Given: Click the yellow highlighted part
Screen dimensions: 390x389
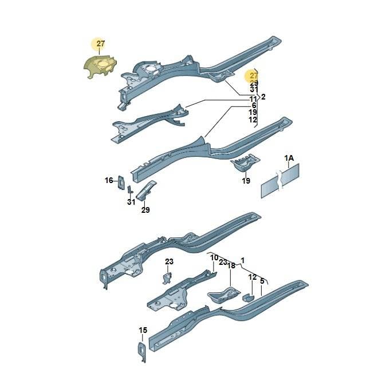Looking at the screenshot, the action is pos(100,66).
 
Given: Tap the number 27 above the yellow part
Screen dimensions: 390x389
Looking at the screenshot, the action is pos(100,43).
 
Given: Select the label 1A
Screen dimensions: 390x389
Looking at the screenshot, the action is pos(289,158).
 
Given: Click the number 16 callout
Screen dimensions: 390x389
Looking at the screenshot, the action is pos(109,180).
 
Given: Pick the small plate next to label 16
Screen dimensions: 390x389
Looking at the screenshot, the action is pos(121,182).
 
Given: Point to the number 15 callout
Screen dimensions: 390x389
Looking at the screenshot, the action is pos(143,330).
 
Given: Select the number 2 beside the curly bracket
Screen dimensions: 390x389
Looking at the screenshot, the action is pos(263,97).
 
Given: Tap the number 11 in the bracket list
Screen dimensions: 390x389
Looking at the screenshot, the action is pos(253,100).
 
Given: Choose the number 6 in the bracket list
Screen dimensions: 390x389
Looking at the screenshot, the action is pos(254,106).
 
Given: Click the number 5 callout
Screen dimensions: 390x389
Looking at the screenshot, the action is pos(262,281).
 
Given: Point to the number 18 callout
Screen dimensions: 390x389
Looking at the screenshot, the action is pos(231,265).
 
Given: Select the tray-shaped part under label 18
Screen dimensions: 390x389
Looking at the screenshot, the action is pos(224,295).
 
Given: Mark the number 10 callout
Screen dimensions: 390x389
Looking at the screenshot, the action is pos(214,257).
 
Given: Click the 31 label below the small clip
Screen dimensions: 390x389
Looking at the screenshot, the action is pos(131,202).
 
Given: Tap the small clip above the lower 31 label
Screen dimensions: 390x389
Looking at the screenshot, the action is pos(130,190).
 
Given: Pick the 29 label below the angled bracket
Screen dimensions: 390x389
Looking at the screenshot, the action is pos(145,210).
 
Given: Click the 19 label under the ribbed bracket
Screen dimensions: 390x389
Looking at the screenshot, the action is pos(246,181).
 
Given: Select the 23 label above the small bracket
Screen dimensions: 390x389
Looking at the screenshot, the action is pos(169,261).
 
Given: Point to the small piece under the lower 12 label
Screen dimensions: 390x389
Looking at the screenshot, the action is pos(249,297).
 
